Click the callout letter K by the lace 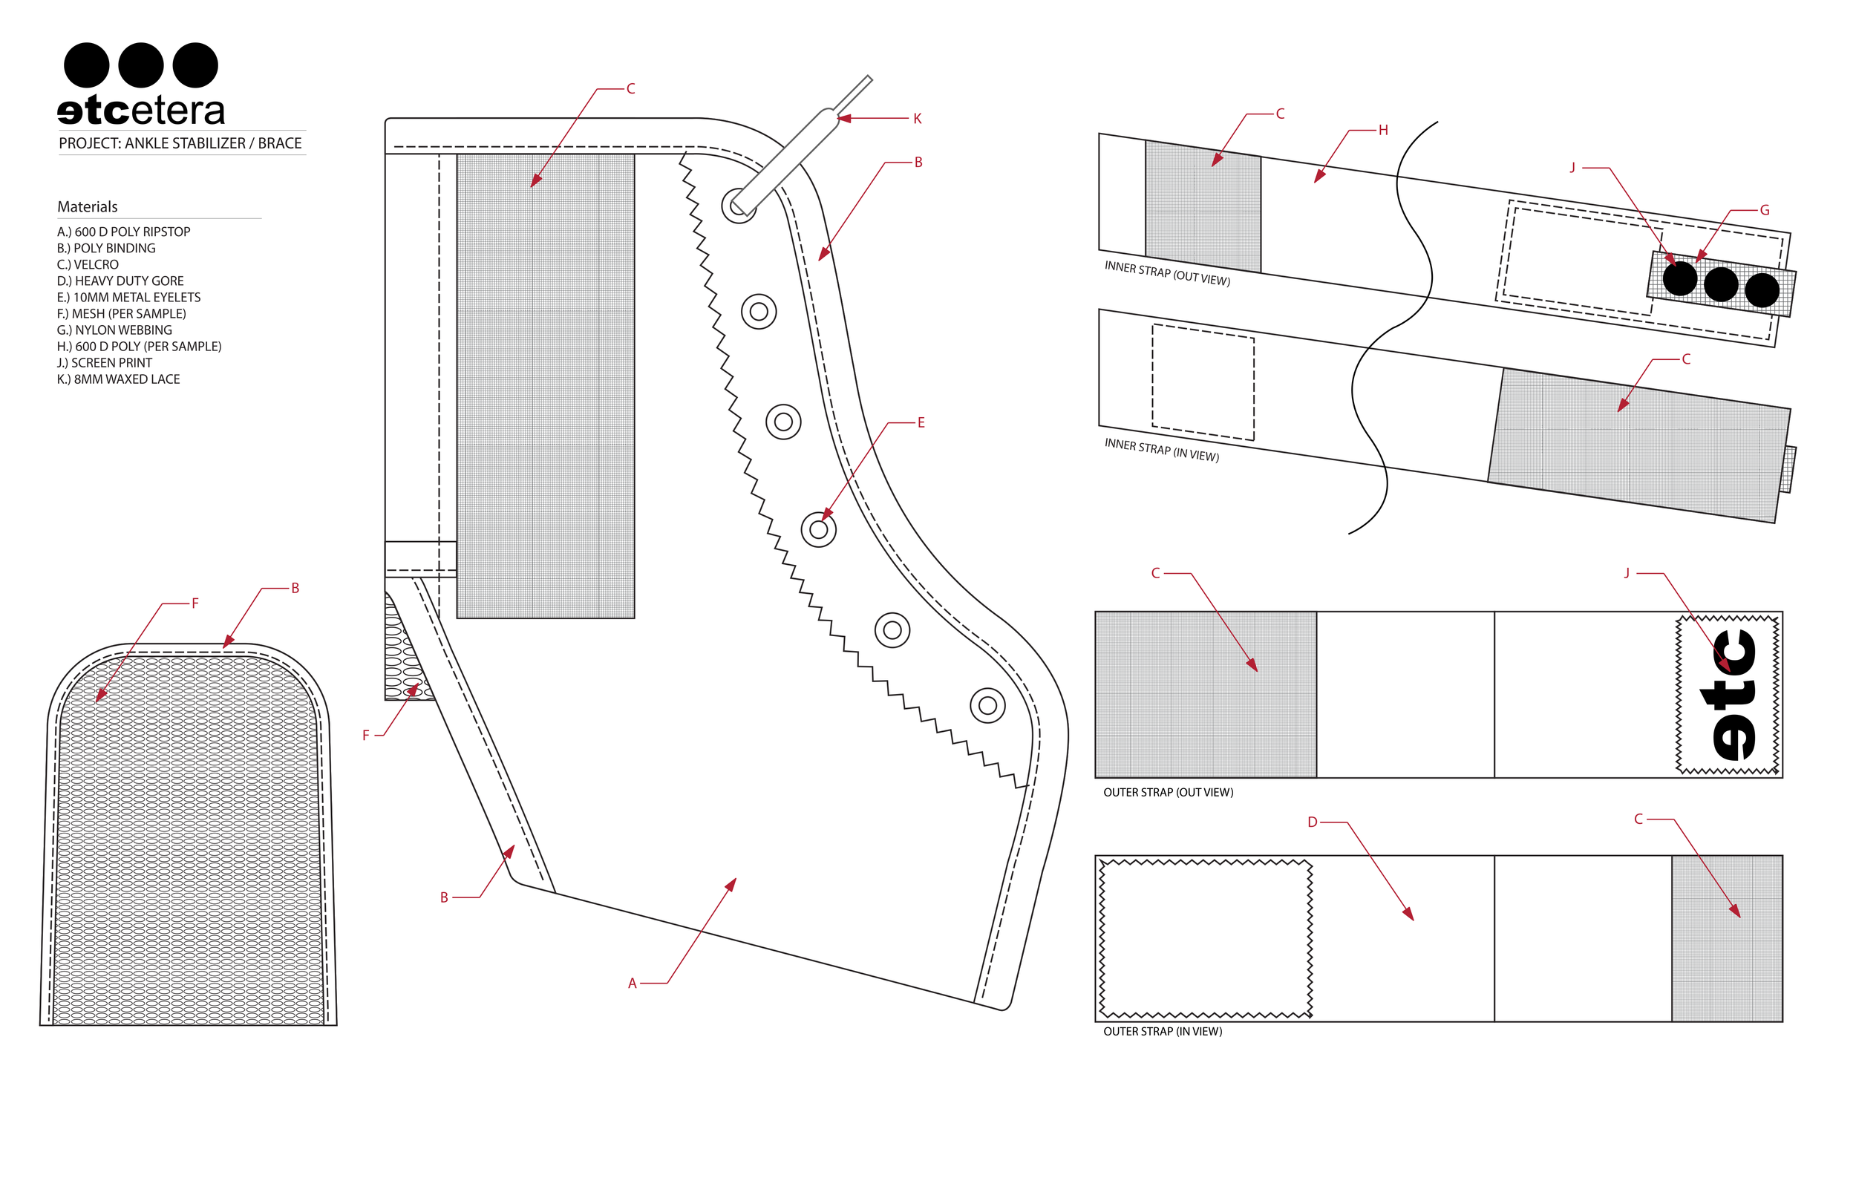click(x=917, y=119)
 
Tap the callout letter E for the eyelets click(x=921, y=422)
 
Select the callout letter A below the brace click(x=633, y=984)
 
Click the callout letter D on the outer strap click(x=1313, y=822)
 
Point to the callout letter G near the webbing click(x=1765, y=211)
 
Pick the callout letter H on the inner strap click(x=1383, y=130)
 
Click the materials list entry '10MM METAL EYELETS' click(x=128, y=297)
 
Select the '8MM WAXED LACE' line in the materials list click(x=119, y=379)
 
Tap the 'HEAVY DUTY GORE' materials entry click(x=120, y=281)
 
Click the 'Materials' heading click(x=88, y=206)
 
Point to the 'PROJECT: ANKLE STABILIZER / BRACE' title click(x=180, y=143)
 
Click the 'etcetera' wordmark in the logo click(x=141, y=111)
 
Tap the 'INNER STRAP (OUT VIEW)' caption click(x=1166, y=274)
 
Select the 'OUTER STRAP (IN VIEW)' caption click(x=1162, y=1032)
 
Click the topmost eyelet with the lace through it click(x=737, y=206)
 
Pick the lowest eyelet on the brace click(x=987, y=706)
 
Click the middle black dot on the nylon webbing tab click(x=1720, y=284)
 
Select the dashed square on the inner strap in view click(x=1203, y=383)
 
